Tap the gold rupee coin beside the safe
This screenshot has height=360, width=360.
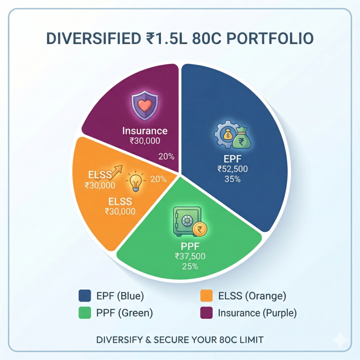point(200,230)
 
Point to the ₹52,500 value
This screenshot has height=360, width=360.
point(232,169)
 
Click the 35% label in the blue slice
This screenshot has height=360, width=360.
point(232,179)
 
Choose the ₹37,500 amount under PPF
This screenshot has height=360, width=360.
point(190,256)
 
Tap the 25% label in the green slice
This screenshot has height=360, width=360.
point(190,266)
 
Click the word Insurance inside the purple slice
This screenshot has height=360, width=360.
point(145,131)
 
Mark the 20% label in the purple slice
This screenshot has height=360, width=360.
point(166,156)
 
